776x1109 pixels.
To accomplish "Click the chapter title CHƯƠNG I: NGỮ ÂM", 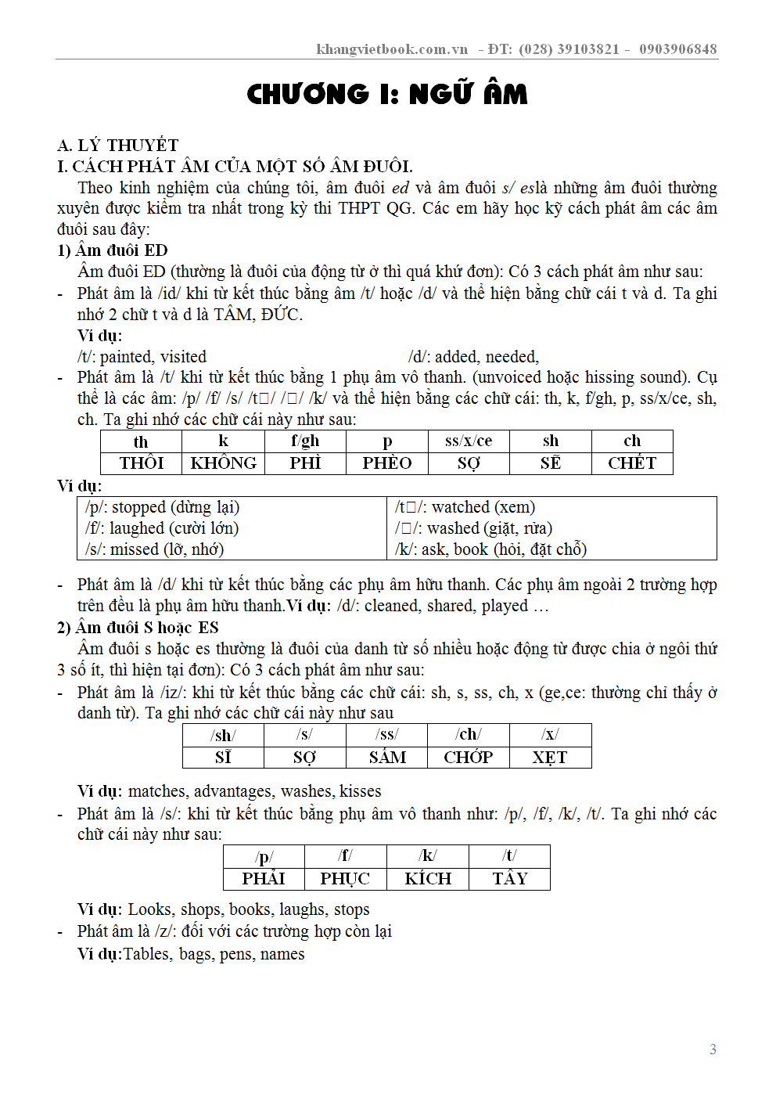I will click(x=387, y=94).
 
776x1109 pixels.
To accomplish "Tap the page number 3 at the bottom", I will click(x=713, y=1050).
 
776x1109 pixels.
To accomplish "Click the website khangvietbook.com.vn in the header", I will click(x=392, y=49).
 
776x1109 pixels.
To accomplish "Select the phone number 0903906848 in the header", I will click(x=677, y=49).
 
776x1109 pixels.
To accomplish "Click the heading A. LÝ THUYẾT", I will click(x=118, y=145).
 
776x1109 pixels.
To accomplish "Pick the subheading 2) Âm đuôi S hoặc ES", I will click(x=138, y=628).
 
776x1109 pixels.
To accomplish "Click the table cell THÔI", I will click(x=142, y=463).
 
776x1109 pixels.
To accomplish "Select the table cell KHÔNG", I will click(x=224, y=463).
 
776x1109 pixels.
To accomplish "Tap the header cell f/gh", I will click(x=305, y=441).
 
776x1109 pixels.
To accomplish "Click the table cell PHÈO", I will click(x=387, y=463).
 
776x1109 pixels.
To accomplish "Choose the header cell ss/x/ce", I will click(x=469, y=441).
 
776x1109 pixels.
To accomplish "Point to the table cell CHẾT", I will click(x=632, y=463).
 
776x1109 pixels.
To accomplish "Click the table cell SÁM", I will click(x=387, y=758).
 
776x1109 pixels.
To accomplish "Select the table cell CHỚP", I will click(x=469, y=758).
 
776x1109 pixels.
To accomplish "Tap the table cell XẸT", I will click(x=550, y=758).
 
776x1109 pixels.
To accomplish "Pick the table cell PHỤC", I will click(x=345, y=879).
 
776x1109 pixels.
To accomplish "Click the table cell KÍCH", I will click(x=428, y=879).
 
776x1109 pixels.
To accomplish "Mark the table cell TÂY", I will click(x=510, y=879).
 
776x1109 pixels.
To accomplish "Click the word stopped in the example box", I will click(x=139, y=507).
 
